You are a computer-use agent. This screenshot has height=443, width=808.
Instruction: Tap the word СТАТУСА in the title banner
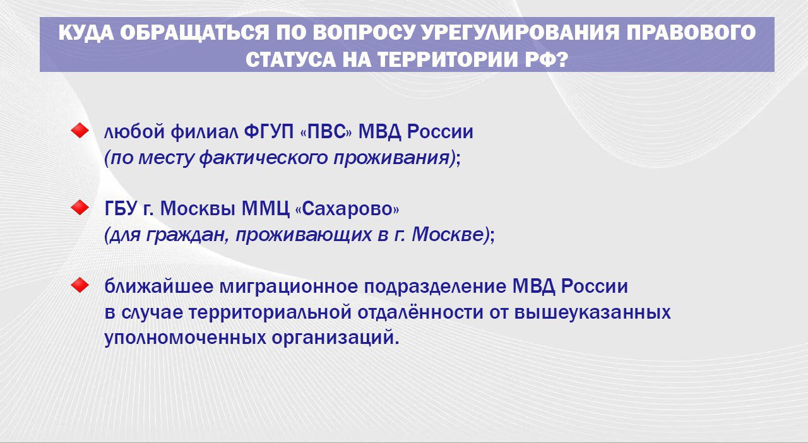click(291, 59)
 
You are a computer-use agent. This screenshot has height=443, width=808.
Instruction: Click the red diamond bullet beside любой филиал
click(80, 130)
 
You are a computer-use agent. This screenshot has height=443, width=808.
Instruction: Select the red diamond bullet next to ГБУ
click(80, 208)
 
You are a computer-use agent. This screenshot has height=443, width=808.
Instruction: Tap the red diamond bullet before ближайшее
click(80, 285)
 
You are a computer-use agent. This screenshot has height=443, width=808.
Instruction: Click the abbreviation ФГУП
click(269, 131)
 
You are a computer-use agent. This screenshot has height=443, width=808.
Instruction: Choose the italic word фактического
click(263, 158)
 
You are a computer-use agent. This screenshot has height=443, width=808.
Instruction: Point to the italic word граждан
click(187, 235)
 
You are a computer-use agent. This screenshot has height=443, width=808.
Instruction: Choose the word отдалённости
click(420, 312)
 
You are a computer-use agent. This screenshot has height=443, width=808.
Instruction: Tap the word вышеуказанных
click(593, 313)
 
